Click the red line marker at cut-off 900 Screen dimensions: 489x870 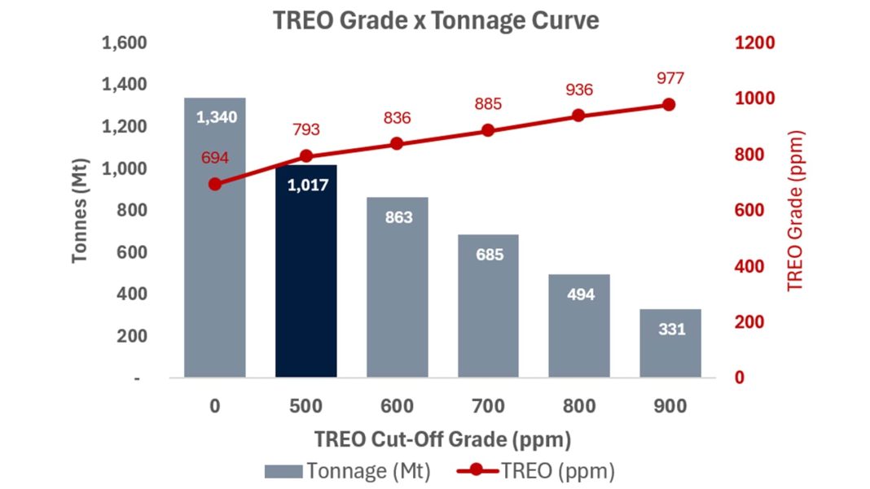669,104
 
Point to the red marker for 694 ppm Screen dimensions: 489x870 215,184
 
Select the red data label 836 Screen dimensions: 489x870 397,118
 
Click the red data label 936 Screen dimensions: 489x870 578,90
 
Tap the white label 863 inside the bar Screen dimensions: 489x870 397,217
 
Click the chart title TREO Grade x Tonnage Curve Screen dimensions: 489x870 435,20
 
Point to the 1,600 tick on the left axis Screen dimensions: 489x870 124,42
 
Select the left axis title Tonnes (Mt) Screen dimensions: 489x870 79,210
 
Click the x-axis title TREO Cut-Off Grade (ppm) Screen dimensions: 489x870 442,439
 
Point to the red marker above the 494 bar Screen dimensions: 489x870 578,116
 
